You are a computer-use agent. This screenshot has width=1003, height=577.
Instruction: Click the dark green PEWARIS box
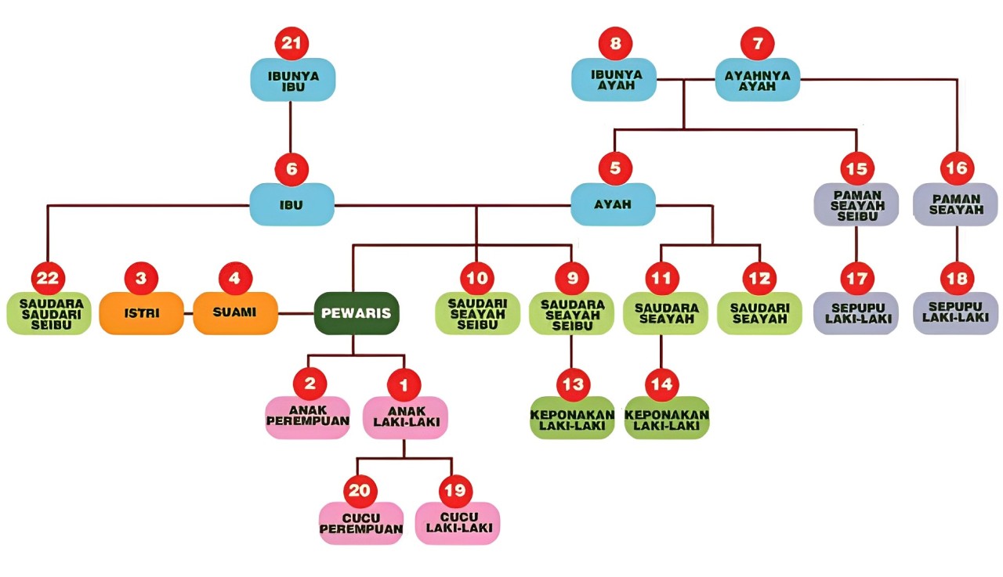click(357, 313)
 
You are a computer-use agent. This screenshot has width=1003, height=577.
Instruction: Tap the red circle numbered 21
click(291, 44)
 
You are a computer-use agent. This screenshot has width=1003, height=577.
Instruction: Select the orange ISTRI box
click(142, 313)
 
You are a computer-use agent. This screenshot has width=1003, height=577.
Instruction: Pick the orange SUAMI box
click(235, 312)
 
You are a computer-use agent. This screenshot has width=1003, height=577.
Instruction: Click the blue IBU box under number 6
click(291, 204)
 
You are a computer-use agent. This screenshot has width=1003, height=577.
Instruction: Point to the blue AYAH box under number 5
click(613, 204)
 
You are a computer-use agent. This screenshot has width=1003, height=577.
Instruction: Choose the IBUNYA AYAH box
click(614, 80)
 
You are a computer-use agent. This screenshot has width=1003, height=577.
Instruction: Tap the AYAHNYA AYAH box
click(758, 80)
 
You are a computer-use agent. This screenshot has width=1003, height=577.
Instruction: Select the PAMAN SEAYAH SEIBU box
click(856, 205)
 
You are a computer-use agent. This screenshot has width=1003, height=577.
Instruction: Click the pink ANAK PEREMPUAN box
click(308, 417)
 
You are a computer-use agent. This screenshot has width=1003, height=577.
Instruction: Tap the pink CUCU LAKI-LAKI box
click(458, 522)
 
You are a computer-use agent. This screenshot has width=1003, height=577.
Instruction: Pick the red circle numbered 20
click(360, 491)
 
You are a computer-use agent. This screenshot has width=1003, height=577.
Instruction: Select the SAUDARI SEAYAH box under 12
click(759, 313)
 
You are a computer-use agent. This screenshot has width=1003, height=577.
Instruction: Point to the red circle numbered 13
click(572, 384)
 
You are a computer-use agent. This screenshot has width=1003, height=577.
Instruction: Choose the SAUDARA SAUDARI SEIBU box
click(49, 313)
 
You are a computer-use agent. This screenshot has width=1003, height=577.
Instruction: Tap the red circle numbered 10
click(476, 279)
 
